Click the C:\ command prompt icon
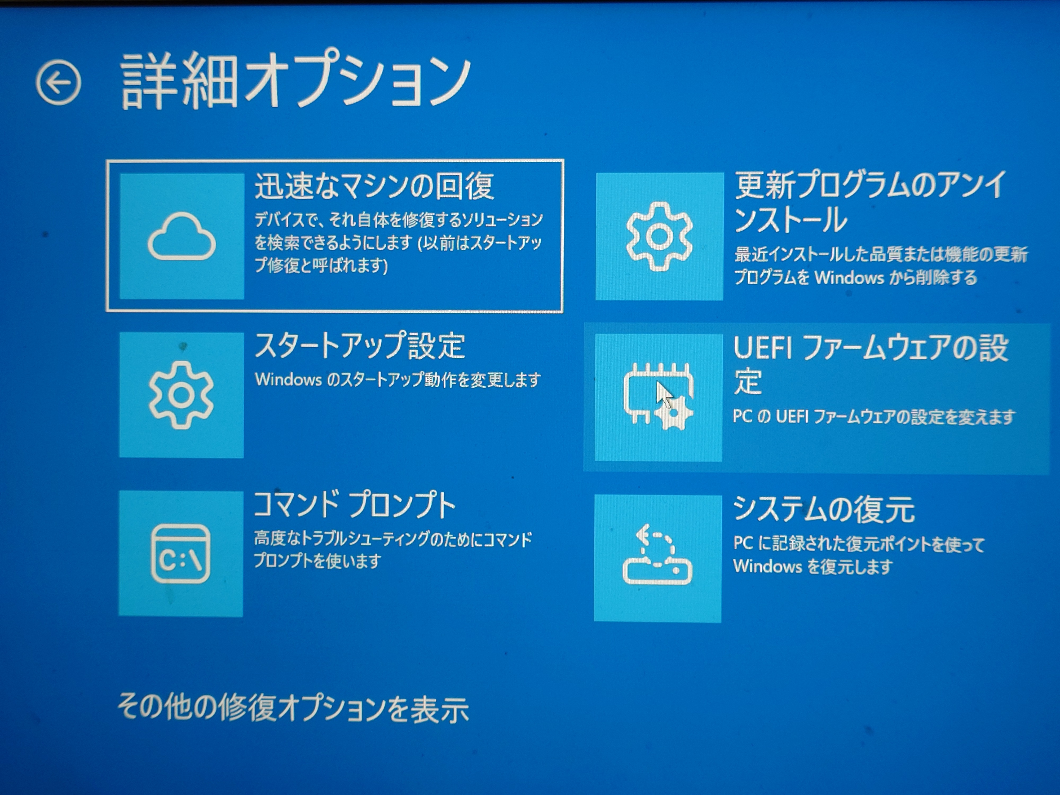[181, 554]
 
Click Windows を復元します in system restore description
[813, 567]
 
